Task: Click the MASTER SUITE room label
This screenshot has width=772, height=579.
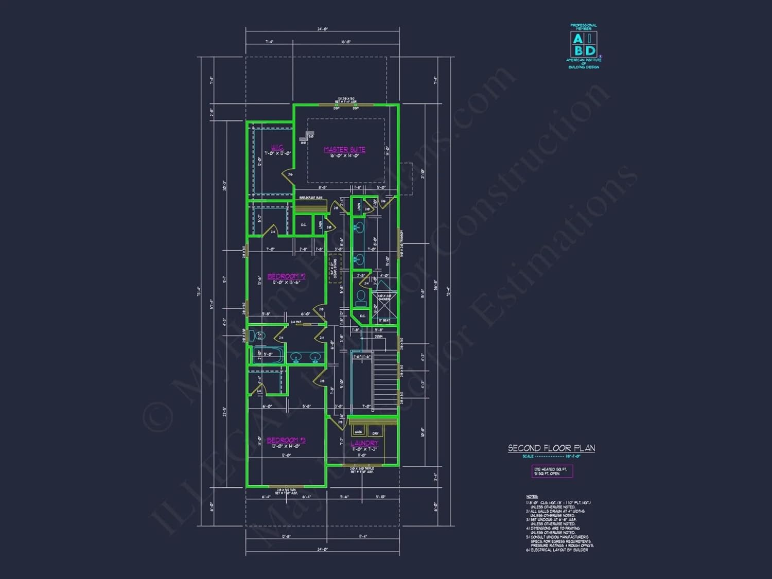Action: coord(344,149)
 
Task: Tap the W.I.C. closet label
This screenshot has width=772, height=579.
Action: coord(278,148)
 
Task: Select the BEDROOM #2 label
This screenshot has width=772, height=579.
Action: coord(286,276)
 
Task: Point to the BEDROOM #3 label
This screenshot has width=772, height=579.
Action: coord(286,440)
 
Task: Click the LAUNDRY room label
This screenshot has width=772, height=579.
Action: coord(364,443)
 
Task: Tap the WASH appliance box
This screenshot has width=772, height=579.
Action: coord(358,432)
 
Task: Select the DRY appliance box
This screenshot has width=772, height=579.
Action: coord(376,433)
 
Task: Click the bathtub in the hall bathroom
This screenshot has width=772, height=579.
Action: coord(268,355)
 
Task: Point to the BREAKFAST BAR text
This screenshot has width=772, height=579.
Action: coord(311,198)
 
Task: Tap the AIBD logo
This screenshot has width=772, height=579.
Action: coord(584,45)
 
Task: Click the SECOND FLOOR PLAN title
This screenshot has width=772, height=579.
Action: coord(551,448)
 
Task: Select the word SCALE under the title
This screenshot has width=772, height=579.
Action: coord(528,457)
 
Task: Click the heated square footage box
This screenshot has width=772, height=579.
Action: coord(552,471)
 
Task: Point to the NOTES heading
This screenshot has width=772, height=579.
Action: coord(532,497)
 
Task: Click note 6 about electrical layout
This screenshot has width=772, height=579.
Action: coord(557,550)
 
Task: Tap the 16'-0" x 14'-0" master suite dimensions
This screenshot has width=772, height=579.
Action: coord(344,155)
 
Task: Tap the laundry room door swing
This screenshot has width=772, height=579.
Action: coord(337,423)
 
